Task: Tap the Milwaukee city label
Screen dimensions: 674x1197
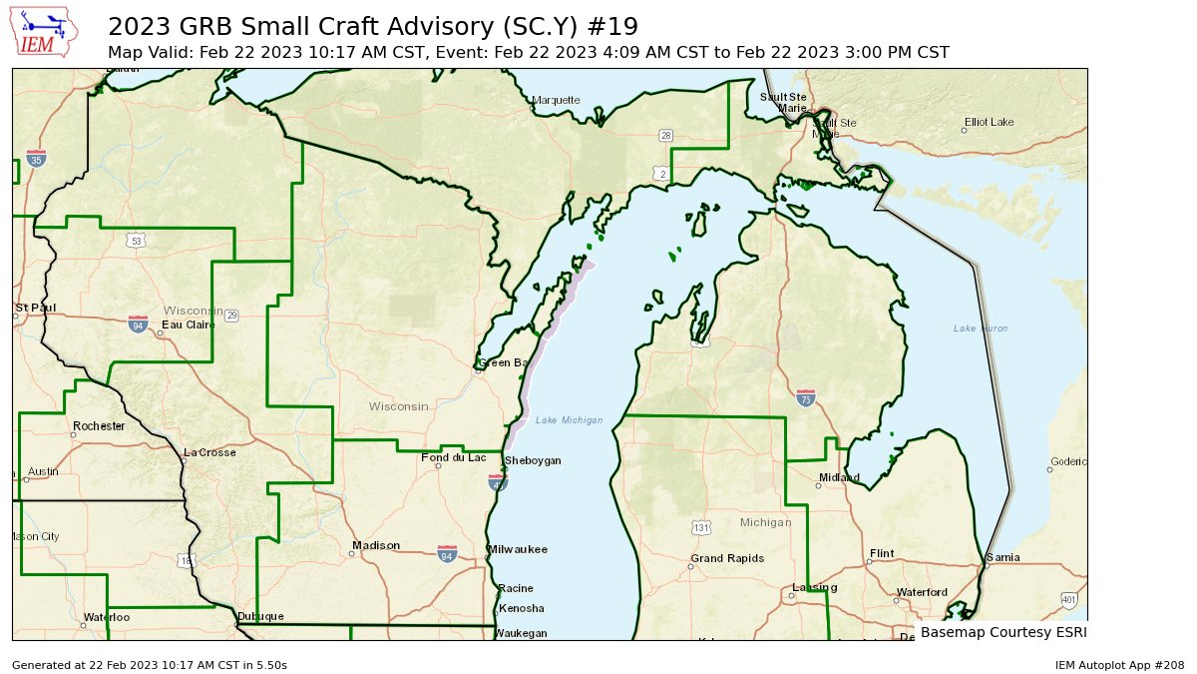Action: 518,550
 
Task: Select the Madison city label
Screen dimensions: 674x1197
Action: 375,545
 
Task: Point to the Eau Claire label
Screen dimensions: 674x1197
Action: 189,325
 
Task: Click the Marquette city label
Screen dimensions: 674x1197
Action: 556,100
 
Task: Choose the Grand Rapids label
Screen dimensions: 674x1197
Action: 727,558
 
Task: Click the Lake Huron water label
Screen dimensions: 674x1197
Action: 980,329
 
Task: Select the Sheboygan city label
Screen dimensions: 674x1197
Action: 533,460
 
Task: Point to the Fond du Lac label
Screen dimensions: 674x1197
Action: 454,457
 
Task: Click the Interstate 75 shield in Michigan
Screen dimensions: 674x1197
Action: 806,398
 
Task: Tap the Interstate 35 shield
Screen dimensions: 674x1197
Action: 36,159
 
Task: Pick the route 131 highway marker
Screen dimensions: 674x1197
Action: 701,526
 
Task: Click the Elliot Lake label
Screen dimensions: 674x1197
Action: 989,122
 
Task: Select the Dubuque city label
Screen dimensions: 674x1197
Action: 260,616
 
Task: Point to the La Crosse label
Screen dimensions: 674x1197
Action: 209,452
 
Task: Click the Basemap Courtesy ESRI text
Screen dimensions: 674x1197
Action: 1002,632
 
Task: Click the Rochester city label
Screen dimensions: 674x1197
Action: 99,426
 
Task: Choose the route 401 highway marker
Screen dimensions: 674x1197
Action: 1069,600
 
